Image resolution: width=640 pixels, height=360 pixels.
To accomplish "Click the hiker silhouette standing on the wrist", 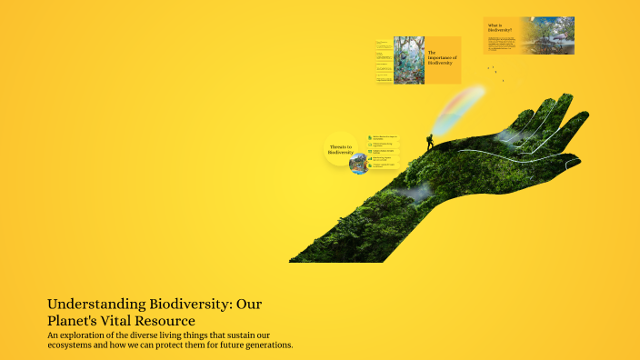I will tap(430, 142).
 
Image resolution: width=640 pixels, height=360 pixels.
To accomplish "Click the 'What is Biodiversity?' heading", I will tap(500, 28).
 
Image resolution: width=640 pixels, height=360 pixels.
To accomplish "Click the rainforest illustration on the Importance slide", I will tap(408, 61).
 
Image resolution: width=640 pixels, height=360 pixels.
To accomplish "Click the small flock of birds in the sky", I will tap(492, 71).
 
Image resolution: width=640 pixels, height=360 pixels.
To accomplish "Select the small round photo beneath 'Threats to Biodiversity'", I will tap(358, 165).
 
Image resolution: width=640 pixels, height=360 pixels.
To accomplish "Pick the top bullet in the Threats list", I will tap(383, 138).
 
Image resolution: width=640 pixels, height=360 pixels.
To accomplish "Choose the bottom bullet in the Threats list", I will tap(383, 166).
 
